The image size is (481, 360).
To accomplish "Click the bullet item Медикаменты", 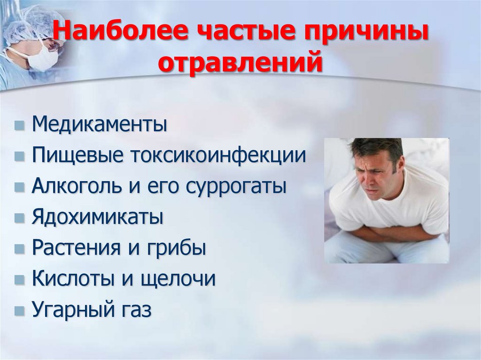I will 100,125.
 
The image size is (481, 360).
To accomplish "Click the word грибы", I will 178,248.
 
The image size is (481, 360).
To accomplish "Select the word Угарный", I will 70,310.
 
